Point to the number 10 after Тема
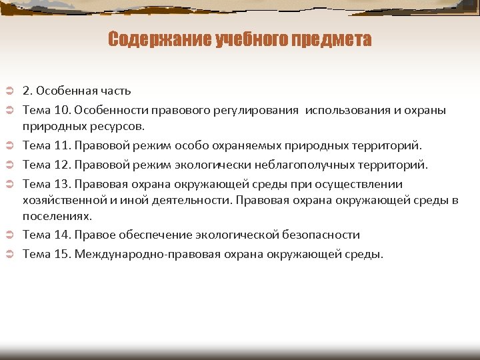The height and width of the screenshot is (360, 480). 62,109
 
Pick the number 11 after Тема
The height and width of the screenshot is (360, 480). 62,145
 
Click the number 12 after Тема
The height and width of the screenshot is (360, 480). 62,164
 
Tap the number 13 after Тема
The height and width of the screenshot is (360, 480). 62,183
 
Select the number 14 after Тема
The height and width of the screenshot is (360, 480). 62,235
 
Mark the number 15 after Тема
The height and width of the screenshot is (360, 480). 62,254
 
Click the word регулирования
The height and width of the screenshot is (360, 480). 257,109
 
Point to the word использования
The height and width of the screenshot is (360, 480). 346,109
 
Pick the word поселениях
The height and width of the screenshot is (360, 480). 57,216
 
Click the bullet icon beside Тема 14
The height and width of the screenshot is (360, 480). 10,235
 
